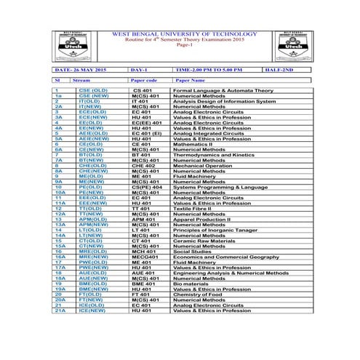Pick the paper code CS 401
tap(142, 90)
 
